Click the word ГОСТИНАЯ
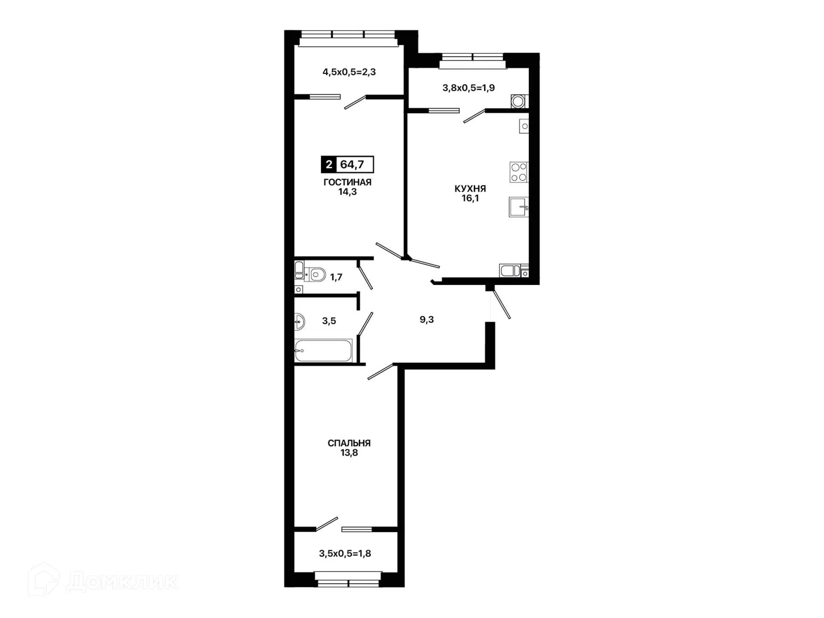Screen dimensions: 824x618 pos(347,183)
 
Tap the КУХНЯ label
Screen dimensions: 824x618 pos(470,189)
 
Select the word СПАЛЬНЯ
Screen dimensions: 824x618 pos(349,443)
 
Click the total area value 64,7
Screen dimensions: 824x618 pos(352,164)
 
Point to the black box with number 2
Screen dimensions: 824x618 pos(329,164)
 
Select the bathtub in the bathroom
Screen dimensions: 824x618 pos(323,351)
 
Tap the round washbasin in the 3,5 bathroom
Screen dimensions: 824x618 pos(300,322)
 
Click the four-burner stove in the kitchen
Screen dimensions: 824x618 pos(519,172)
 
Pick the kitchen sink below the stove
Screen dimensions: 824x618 pos(518,207)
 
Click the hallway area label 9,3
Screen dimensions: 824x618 pos(426,320)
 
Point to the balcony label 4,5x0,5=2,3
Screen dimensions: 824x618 pos(349,72)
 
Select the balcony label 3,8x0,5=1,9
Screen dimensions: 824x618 pos(469,88)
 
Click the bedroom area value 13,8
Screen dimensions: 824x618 pos(349,453)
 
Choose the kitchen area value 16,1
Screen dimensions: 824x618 pos(470,199)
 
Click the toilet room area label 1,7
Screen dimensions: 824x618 pos(336,278)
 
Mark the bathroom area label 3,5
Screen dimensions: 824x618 pos(329,321)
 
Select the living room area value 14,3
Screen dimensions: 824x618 pos(347,192)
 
